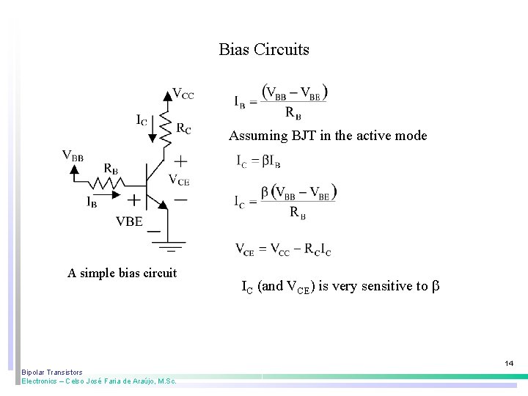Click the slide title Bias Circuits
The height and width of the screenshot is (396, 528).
pyautogui.click(x=264, y=50)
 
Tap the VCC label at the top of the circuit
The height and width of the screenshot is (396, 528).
pyautogui.click(x=183, y=94)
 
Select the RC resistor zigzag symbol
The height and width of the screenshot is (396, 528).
pyautogui.click(x=166, y=125)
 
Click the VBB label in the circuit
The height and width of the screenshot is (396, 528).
pyautogui.click(x=73, y=155)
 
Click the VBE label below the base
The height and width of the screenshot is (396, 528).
pyautogui.click(x=129, y=222)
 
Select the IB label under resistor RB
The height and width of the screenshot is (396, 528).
pyautogui.click(x=93, y=202)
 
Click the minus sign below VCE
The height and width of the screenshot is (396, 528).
pyautogui.click(x=180, y=198)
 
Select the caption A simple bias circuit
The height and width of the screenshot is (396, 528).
pyautogui.click(x=122, y=274)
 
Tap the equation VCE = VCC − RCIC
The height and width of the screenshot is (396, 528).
pyautogui.click(x=283, y=249)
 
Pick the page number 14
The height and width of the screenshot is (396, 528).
pyautogui.click(x=509, y=363)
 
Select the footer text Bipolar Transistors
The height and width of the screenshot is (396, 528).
pyautogui.click(x=52, y=373)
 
